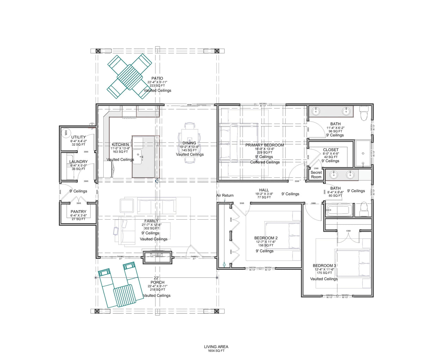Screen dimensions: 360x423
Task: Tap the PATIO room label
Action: [157, 78]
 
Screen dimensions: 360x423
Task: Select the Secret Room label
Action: [316, 175]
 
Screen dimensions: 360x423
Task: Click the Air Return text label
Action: [225, 195]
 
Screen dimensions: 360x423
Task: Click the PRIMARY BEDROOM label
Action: [264, 145]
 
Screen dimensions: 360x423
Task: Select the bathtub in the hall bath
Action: [338, 210]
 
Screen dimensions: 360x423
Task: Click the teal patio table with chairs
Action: [129, 76]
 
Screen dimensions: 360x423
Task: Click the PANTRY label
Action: [78, 212]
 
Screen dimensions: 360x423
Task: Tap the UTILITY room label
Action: [78, 137]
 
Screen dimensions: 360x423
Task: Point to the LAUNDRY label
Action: [78, 162]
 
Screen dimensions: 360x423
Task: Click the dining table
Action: [190, 142]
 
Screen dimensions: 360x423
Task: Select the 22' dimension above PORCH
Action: [157, 278]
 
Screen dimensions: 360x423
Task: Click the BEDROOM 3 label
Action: [324, 266]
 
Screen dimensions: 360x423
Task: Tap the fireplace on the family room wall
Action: [157, 257]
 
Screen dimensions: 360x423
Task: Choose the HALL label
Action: [264, 190]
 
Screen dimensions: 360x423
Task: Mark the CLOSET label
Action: [331, 150]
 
